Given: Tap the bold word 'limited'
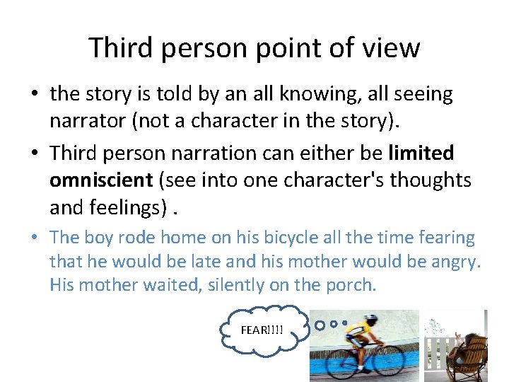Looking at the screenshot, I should click(x=421, y=153).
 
